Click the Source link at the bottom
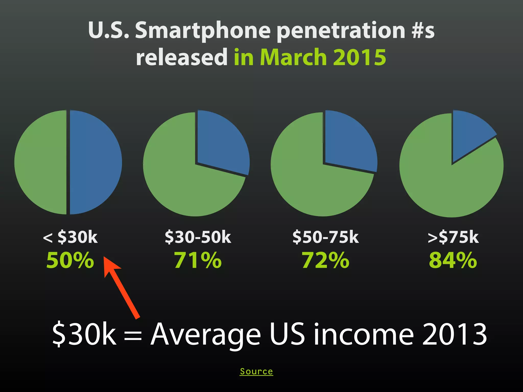pos(256,371)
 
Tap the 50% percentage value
pos(70,260)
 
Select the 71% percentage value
pos(198,260)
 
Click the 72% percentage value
pos(326,260)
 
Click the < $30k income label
pos(70,237)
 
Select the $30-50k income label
pos(198,237)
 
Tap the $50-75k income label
pos(326,237)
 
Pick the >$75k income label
pos(453,237)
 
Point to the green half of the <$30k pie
pos(41,162)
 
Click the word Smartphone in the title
pos(203,31)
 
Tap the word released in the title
pos(182,57)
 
